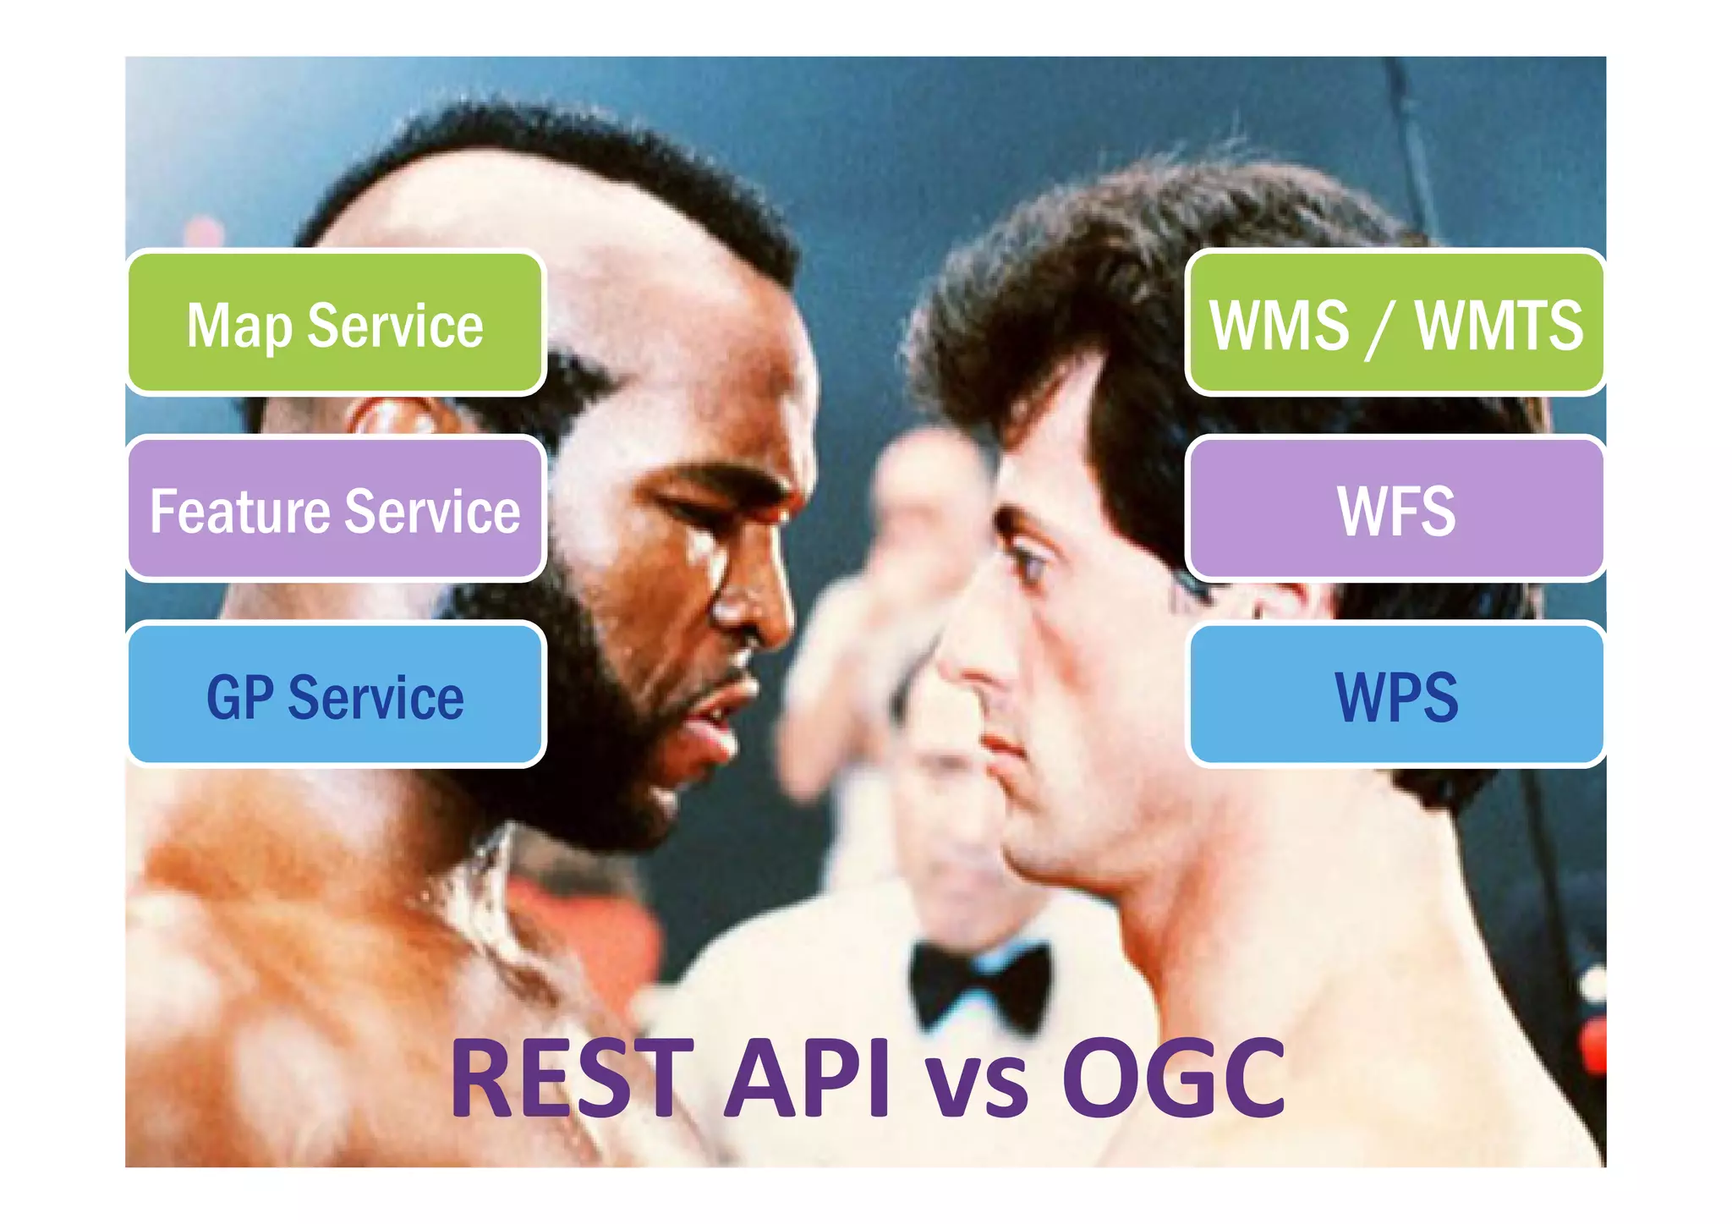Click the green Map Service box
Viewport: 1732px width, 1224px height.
[335, 323]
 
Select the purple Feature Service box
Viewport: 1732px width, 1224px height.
[335, 509]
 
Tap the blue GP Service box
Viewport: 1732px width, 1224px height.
[335, 695]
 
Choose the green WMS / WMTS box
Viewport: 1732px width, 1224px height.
[1395, 323]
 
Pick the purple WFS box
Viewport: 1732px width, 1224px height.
[1395, 509]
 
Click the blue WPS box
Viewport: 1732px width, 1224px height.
[1395, 695]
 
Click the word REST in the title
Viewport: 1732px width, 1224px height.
[572, 1079]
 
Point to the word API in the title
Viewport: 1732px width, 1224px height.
[807, 1079]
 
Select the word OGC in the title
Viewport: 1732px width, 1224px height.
[1174, 1079]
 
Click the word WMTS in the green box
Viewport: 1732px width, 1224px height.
[1499, 325]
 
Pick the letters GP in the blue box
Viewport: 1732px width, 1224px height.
[239, 697]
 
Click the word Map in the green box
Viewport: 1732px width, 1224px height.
[238, 327]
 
